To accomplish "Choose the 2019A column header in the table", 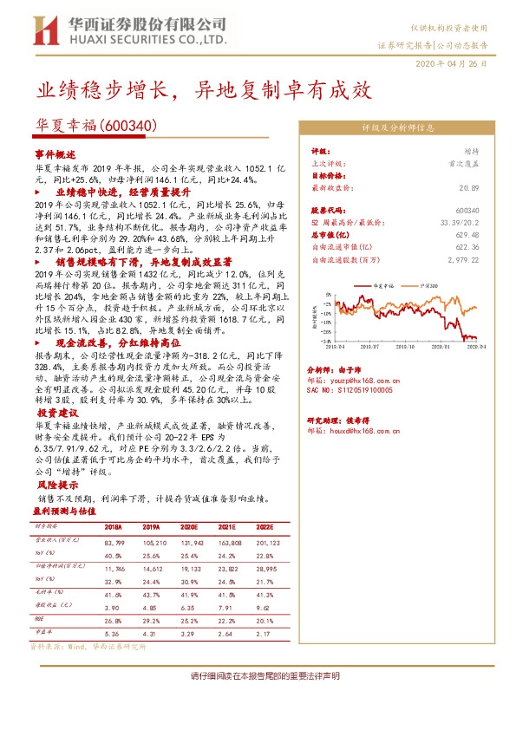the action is tap(152, 526).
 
